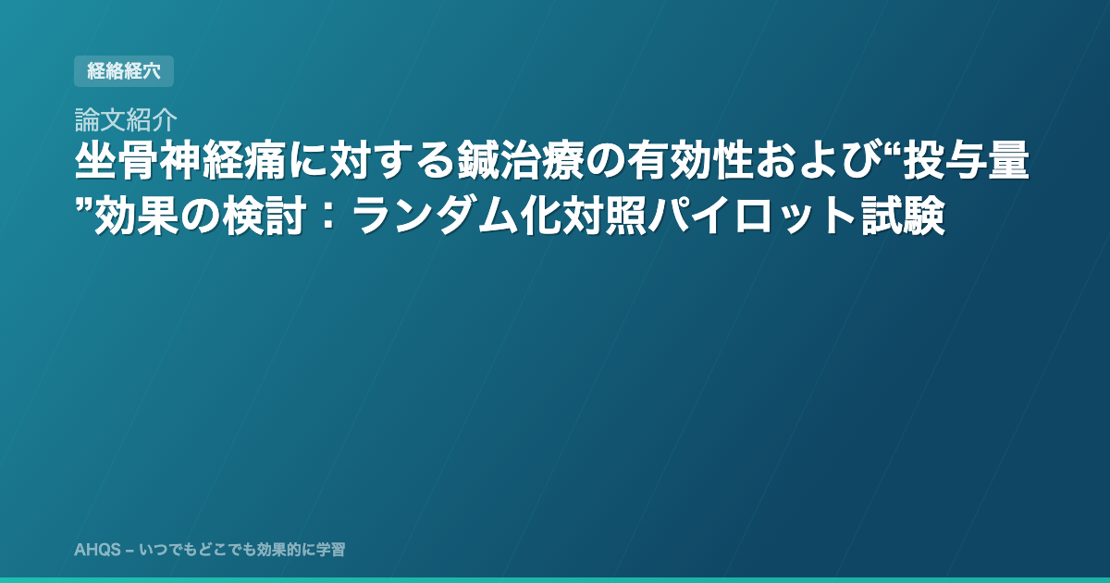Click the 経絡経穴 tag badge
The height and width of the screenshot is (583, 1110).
(124, 71)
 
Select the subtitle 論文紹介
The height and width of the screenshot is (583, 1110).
(126, 119)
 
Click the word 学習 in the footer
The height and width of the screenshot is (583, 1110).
(330, 550)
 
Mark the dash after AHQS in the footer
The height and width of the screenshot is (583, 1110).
(129, 551)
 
